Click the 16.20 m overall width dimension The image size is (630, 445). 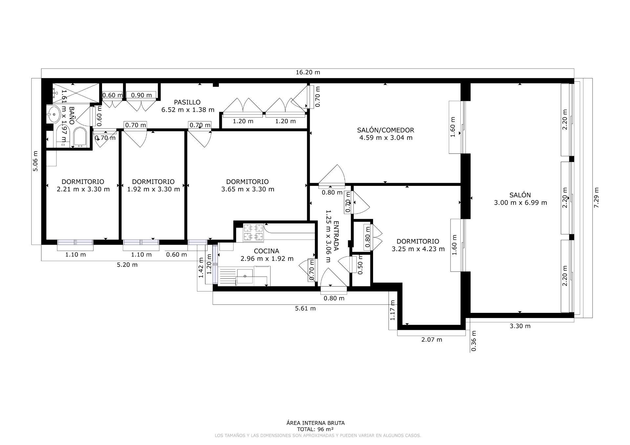(x=307, y=72)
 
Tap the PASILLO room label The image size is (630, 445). (x=187, y=102)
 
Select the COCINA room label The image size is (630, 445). (x=266, y=251)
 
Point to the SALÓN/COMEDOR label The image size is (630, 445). (x=386, y=130)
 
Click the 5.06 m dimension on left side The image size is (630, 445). (x=35, y=161)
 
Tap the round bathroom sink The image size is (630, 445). (x=53, y=114)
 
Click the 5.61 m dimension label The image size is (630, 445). (x=305, y=308)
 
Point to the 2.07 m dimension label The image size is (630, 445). (x=431, y=340)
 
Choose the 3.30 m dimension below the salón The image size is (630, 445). (x=520, y=326)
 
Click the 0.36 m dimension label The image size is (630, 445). (x=473, y=341)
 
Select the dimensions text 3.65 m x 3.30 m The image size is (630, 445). (x=248, y=189)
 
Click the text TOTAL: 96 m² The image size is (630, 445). (x=315, y=429)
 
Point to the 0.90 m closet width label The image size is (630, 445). (x=141, y=95)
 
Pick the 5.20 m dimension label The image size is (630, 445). (x=127, y=265)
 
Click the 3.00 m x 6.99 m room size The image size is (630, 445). (x=520, y=203)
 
